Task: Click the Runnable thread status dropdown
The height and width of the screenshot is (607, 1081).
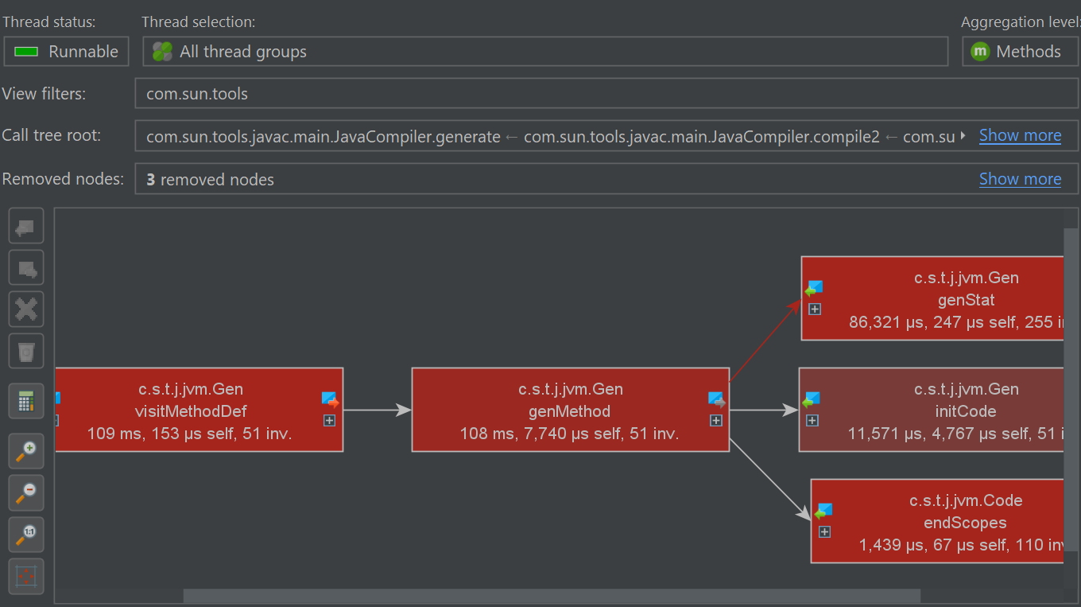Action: click(x=66, y=51)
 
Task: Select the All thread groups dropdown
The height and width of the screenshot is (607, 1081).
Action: click(x=545, y=51)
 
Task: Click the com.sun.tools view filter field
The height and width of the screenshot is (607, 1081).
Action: click(x=606, y=94)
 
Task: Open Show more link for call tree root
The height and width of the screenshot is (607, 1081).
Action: click(x=1021, y=136)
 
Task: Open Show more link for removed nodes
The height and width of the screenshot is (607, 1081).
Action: click(x=1021, y=179)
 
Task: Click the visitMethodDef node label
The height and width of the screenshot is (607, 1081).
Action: click(x=191, y=411)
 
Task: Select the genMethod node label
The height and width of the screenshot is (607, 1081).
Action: click(x=569, y=411)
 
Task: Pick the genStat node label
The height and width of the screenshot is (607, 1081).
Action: click(x=967, y=300)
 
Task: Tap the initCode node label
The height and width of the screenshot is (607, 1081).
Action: click(x=966, y=411)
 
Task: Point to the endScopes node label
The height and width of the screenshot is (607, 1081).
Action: click(x=965, y=523)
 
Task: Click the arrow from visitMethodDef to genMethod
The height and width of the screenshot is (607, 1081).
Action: click(x=378, y=411)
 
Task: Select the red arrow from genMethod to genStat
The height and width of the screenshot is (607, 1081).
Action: click(x=765, y=340)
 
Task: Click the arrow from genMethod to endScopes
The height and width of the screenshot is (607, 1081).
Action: click(x=770, y=480)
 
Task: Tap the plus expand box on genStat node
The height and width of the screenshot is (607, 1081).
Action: click(x=815, y=309)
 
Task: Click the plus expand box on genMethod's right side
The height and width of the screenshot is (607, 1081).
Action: click(x=716, y=421)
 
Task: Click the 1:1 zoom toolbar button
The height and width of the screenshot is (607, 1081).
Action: click(x=26, y=535)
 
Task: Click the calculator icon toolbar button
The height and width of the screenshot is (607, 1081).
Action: click(x=26, y=401)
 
